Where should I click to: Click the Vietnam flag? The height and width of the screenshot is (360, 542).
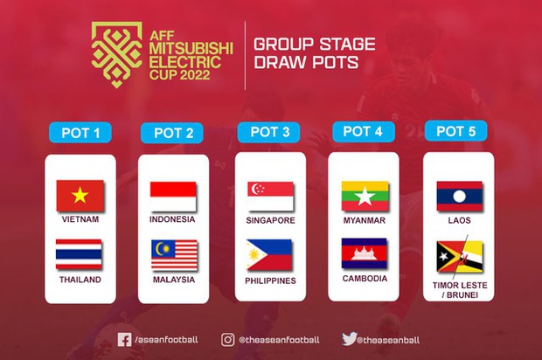tap(80, 196)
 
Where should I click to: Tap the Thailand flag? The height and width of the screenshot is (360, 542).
tap(80, 254)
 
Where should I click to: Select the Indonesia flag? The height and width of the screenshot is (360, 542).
tap(173, 195)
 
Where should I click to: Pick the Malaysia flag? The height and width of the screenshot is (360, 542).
tap(173, 254)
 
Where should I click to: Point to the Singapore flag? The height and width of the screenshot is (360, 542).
tap(270, 196)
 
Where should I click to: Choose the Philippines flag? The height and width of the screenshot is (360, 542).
tap(270, 255)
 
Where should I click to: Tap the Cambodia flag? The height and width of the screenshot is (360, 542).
tap(365, 253)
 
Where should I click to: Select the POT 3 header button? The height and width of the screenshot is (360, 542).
tap(270, 133)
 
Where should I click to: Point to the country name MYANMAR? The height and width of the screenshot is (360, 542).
tap(365, 220)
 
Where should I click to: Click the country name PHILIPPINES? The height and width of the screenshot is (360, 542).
tap(270, 280)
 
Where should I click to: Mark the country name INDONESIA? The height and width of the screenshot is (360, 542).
tap(173, 219)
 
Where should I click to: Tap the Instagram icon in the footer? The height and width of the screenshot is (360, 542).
tap(227, 339)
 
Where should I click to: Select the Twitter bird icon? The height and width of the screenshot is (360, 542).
tap(349, 339)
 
